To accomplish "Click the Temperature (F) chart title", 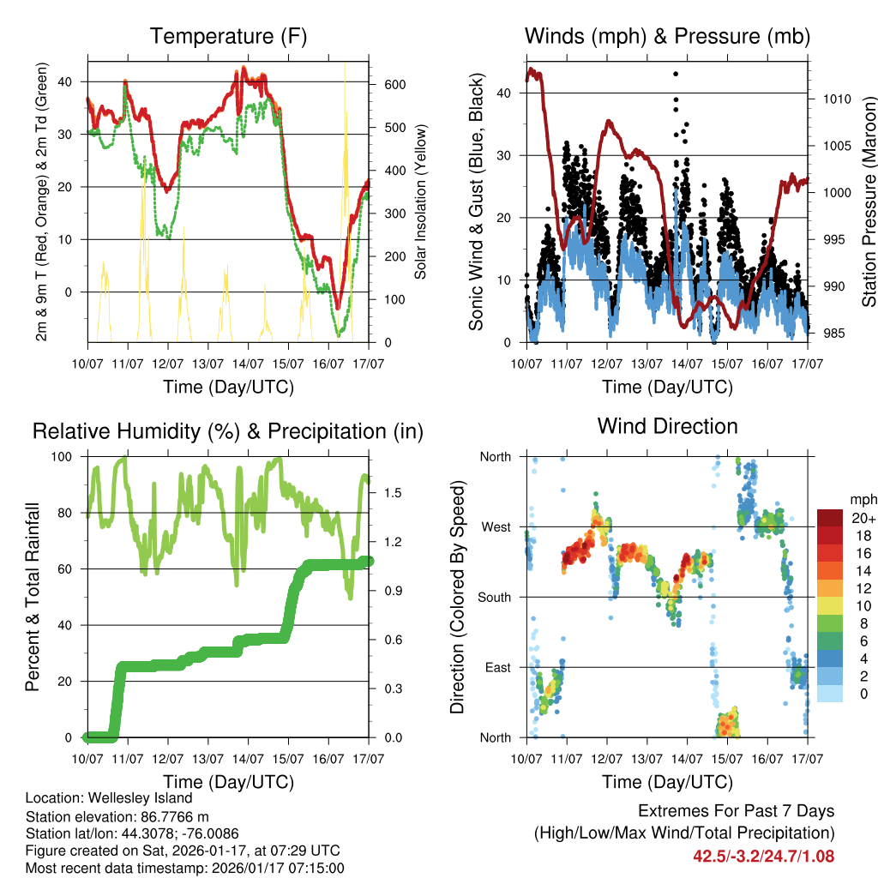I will pyautogui.click(x=228, y=36).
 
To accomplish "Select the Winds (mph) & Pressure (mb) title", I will pyautogui.click(x=667, y=36).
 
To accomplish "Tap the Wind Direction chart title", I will pyautogui.click(x=667, y=426).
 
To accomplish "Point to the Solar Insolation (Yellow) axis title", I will pyautogui.click(x=420, y=201).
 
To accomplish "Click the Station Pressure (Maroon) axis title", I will pyautogui.click(x=869, y=201).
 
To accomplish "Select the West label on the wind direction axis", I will pyautogui.click(x=496, y=526).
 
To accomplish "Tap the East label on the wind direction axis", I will pyautogui.click(x=497, y=667).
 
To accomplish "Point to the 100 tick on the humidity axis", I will pyautogui.click(x=66, y=456).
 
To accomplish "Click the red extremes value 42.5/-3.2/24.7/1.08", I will pyautogui.click(x=763, y=856).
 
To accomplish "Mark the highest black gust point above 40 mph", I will pyautogui.click(x=676, y=75).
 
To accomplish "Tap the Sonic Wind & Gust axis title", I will pyautogui.click(x=477, y=201).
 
